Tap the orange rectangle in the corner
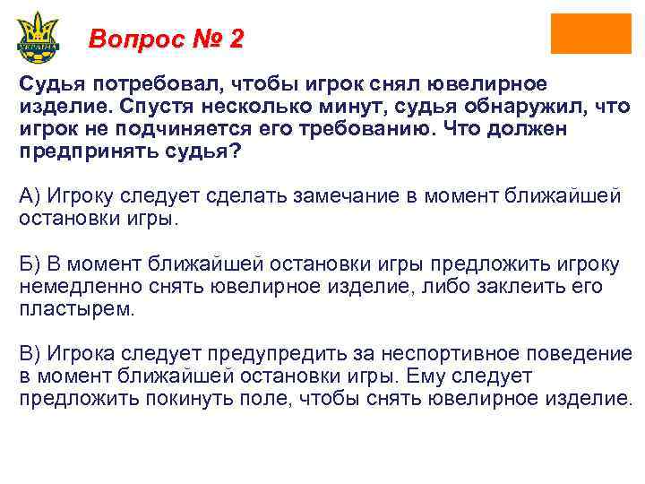[590, 34]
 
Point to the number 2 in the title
[236, 39]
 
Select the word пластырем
[77, 309]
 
